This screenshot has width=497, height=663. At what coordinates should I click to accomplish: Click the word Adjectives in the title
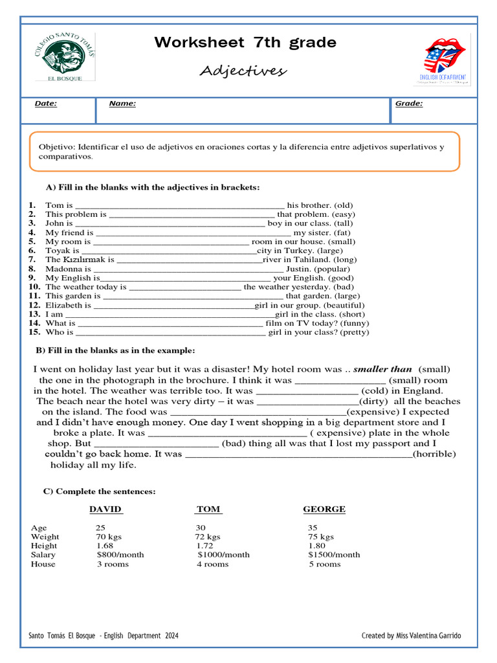243,71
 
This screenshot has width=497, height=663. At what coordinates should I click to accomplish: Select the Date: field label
45,104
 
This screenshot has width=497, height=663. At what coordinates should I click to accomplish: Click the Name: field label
122,104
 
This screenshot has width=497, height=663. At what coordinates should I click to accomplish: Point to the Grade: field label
408,104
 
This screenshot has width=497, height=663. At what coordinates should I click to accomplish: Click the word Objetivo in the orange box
57,147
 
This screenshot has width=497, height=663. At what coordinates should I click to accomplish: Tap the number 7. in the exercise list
32,260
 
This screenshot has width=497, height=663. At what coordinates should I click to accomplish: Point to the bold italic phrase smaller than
382,369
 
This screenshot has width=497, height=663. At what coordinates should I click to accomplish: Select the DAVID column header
105,510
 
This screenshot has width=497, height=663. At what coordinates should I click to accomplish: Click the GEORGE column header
324,510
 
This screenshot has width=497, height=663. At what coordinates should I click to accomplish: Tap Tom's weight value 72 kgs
208,537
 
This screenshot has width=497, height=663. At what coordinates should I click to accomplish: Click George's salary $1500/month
334,555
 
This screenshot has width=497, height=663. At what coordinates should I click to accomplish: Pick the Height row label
43,546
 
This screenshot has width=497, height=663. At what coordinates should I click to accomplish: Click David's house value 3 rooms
113,564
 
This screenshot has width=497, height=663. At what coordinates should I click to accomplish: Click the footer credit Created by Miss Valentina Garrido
411,636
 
